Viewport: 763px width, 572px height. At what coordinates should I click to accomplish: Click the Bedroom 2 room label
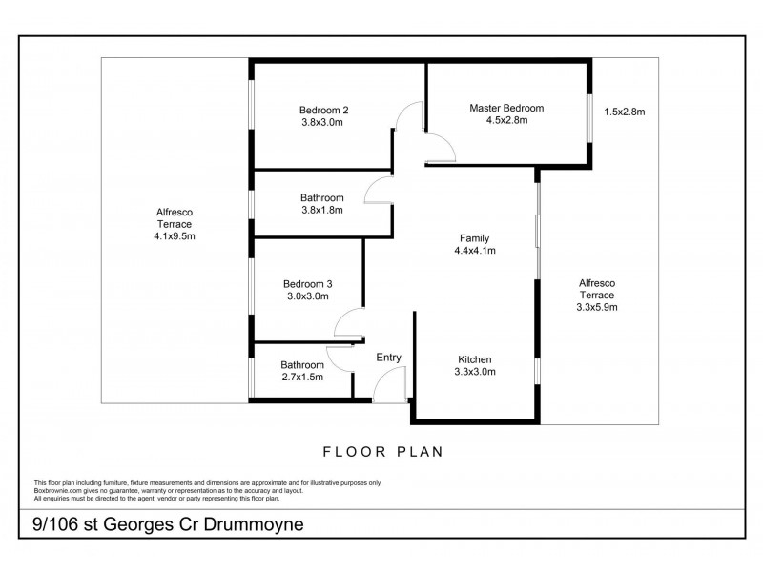pyautogui.click(x=323, y=111)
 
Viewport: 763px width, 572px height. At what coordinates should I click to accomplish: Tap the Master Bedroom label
pyautogui.click(x=506, y=108)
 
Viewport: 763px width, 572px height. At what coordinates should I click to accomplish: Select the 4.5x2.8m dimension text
pyautogui.click(x=506, y=120)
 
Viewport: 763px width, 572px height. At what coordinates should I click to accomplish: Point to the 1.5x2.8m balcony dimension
pyautogui.click(x=625, y=112)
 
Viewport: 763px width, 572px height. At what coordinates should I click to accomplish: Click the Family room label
pyautogui.click(x=474, y=238)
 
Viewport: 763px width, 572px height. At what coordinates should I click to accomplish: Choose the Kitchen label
pyautogui.click(x=474, y=359)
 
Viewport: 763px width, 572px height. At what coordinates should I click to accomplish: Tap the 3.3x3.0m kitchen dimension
pyautogui.click(x=475, y=372)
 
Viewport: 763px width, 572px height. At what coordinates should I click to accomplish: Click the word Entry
pyautogui.click(x=388, y=357)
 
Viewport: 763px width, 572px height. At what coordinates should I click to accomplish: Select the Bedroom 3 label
pyautogui.click(x=307, y=284)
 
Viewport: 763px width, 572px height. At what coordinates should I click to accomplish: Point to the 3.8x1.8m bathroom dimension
pyautogui.click(x=322, y=210)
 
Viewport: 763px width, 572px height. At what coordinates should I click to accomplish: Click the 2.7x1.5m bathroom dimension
pyautogui.click(x=302, y=377)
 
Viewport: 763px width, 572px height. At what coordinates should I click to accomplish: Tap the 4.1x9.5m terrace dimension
pyautogui.click(x=175, y=236)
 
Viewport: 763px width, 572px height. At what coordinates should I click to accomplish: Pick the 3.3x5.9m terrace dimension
pyautogui.click(x=597, y=307)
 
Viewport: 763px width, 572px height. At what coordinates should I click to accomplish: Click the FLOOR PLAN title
pyautogui.click(x=383, y=452)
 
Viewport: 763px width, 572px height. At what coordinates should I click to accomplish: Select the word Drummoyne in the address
pyautogui.click(x=254, y=524)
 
